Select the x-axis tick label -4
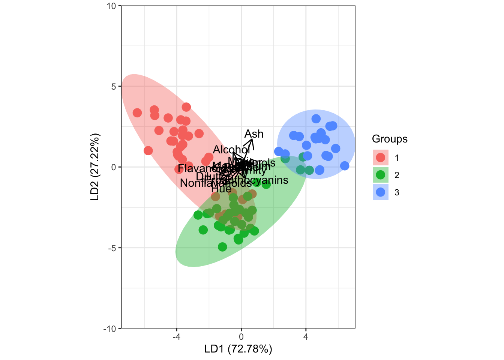click(x=176, y=337)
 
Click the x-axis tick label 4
click(x=306, y=337)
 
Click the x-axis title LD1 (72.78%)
click(x=238, y=349)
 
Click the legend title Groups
click(x=390, y=139)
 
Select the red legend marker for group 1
click(x=380, y=157)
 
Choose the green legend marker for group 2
click(x=380, y=175)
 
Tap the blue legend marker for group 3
click(x=380, y=192)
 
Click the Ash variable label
click(x=254, y=134)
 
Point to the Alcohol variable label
click(x=231, y=150)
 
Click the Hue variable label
click(x=221, y=189)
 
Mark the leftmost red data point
click(x=137, y=113)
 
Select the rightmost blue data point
click(x=345, y=166)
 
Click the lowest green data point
click(x=222, y=247)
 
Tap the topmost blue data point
click(x=316, y=119)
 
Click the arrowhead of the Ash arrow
click(x=252, y=139)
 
